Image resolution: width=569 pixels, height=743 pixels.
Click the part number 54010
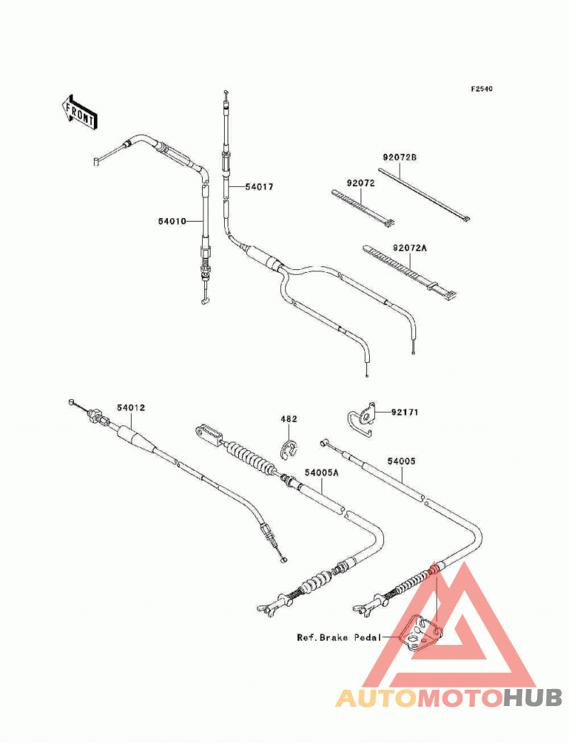(172, 222)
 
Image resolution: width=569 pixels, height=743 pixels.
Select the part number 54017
(259, 188)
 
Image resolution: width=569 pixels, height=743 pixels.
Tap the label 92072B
(400, 157)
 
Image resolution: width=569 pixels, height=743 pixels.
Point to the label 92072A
(410, 248)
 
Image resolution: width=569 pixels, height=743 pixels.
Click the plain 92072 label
(361, 183)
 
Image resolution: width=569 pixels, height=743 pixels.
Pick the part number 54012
(131, 408)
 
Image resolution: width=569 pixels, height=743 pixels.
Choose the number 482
(289, 419)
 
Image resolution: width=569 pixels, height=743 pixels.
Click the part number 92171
(405, 412)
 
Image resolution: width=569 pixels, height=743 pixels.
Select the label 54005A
(321, 473)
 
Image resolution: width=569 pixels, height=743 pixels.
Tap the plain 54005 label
(401, 461)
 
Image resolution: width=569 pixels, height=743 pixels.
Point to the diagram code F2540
(482, 89)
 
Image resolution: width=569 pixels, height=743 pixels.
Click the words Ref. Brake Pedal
(339, 638)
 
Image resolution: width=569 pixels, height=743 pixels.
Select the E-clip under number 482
(287, 450)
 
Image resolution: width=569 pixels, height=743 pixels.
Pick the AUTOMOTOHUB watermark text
(449, 698)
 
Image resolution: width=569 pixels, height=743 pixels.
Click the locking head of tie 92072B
(467, 219)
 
